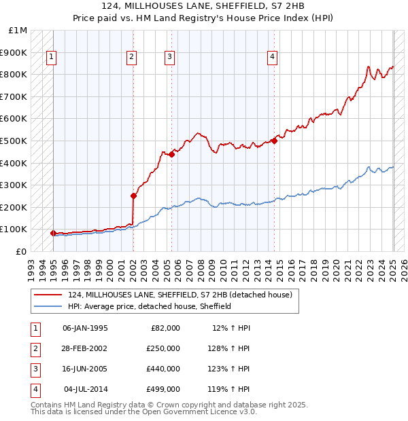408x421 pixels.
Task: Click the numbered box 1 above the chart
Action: tap(52, 57)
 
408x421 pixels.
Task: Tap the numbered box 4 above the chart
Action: tap(272, 57)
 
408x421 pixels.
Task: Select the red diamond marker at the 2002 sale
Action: tap(134, 196)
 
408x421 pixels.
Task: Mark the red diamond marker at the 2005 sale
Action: tap(172, 154)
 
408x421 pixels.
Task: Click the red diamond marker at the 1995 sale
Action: tap(53, 233)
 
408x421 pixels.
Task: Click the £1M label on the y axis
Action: tap(18, 31)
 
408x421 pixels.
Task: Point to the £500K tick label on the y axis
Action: tap(14, 141)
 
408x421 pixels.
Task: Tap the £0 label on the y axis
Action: tap(21, 251)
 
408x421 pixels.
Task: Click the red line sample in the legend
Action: tap(48, 295)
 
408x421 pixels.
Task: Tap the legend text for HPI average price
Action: tap(150, 306)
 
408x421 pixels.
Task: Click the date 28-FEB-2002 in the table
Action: tap(84, 348)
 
